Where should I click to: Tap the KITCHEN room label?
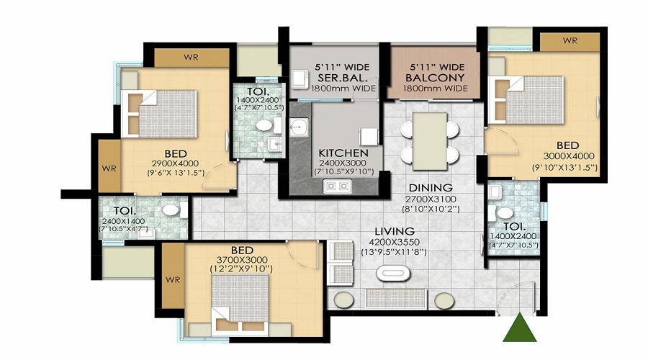pos(343,153)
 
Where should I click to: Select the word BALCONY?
pos(435,77)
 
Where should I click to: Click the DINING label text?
pos(431,188)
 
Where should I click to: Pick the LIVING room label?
pos(395,231)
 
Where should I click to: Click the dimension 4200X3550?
pos(395,242)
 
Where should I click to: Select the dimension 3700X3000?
pos(242,260)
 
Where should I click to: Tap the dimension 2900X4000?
pos(175,163)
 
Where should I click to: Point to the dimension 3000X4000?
pos(569,156)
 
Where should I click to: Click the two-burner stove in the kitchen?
pos(337,186)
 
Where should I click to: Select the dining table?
pos(430,141)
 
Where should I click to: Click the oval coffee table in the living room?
pos(393,274)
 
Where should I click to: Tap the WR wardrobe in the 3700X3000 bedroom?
pos(173,276)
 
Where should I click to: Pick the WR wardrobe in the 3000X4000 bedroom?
pos(570,41)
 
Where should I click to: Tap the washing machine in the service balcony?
pos(300,79)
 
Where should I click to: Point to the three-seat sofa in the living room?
pos(396,298)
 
